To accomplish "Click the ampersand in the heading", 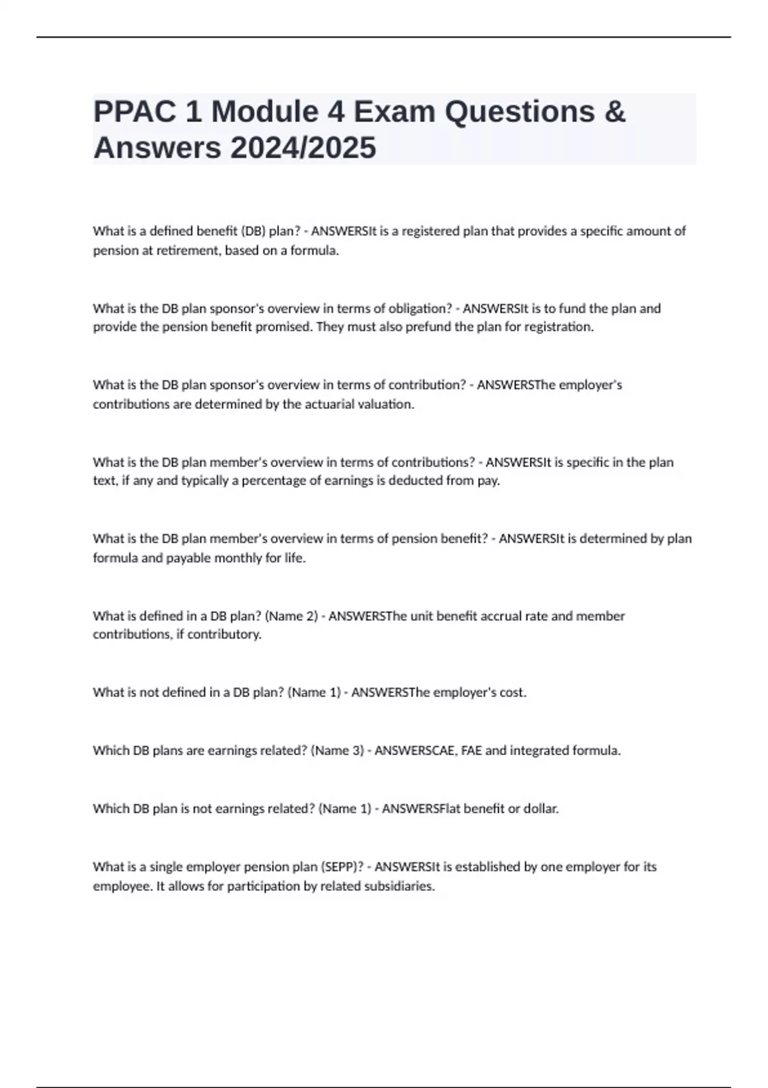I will click(x=614, y=112).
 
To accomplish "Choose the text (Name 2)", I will click(x=292, y=616).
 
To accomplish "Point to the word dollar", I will click(x=541, y=809).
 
